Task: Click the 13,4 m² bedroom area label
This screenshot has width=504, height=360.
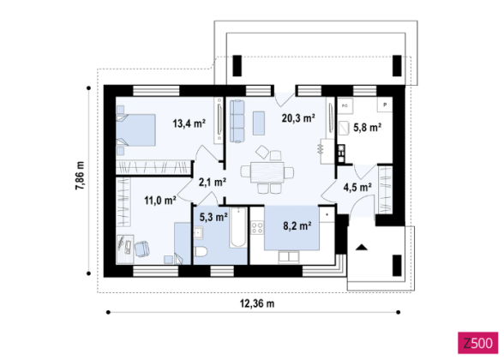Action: click(189, 123)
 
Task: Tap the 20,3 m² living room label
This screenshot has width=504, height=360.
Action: click(298, 118)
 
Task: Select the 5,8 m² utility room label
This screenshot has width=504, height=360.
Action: click(368, 128)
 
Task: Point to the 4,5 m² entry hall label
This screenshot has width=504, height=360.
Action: click(357, 187)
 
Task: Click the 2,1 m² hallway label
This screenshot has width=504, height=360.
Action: click(213, 183)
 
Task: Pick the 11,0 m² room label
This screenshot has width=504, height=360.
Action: click(160, 201)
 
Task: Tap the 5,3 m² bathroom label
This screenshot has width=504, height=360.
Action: click(213, 218)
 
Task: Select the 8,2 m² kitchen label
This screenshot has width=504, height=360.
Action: click(297, 226)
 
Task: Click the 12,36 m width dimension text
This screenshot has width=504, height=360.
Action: click(257, 303)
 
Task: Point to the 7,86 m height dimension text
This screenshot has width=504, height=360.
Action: click(80, 176)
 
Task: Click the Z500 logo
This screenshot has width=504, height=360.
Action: click(477, 343)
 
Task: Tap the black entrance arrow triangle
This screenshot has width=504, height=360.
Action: click(362, 247)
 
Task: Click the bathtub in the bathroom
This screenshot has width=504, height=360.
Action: click(238, 227)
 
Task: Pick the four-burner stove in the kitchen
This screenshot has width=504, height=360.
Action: click(257, 228)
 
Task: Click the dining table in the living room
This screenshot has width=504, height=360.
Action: click(267, 172)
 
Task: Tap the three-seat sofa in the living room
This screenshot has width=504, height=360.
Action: click(237, 121)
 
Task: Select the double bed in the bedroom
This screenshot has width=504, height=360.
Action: click(135, 130)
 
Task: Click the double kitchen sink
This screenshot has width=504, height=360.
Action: click(289, 256)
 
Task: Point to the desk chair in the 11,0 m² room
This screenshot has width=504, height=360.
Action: click(141, 249)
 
